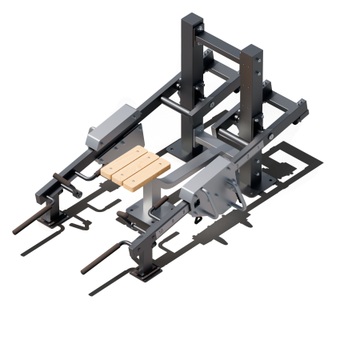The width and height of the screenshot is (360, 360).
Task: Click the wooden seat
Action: tap(136, 167)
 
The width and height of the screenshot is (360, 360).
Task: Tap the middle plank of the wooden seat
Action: tap(136, 167)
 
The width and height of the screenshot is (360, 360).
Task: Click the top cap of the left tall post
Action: tap(193, 18)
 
